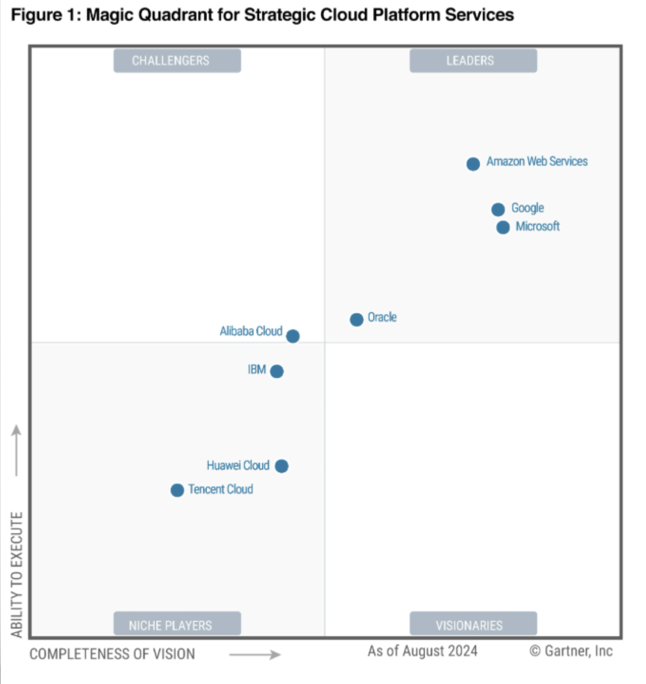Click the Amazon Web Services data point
point(473,164)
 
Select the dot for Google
point(498,210)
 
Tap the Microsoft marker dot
point(503,228)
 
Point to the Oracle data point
point(356,320)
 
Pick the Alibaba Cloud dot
point(292,336)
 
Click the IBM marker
point(276,372)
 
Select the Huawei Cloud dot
point(282,466)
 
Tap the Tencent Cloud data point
point(177,490)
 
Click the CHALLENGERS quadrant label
point(177,61)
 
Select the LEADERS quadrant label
point(473,61)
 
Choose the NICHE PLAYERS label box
point(177,625)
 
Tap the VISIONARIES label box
point(473,625)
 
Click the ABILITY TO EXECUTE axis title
point(17,574)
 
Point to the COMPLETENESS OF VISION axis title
point(112,654)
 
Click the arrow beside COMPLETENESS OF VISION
point(255,655)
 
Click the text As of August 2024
point(422,651)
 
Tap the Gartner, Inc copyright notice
point(571,651)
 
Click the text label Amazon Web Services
point(537,162)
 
